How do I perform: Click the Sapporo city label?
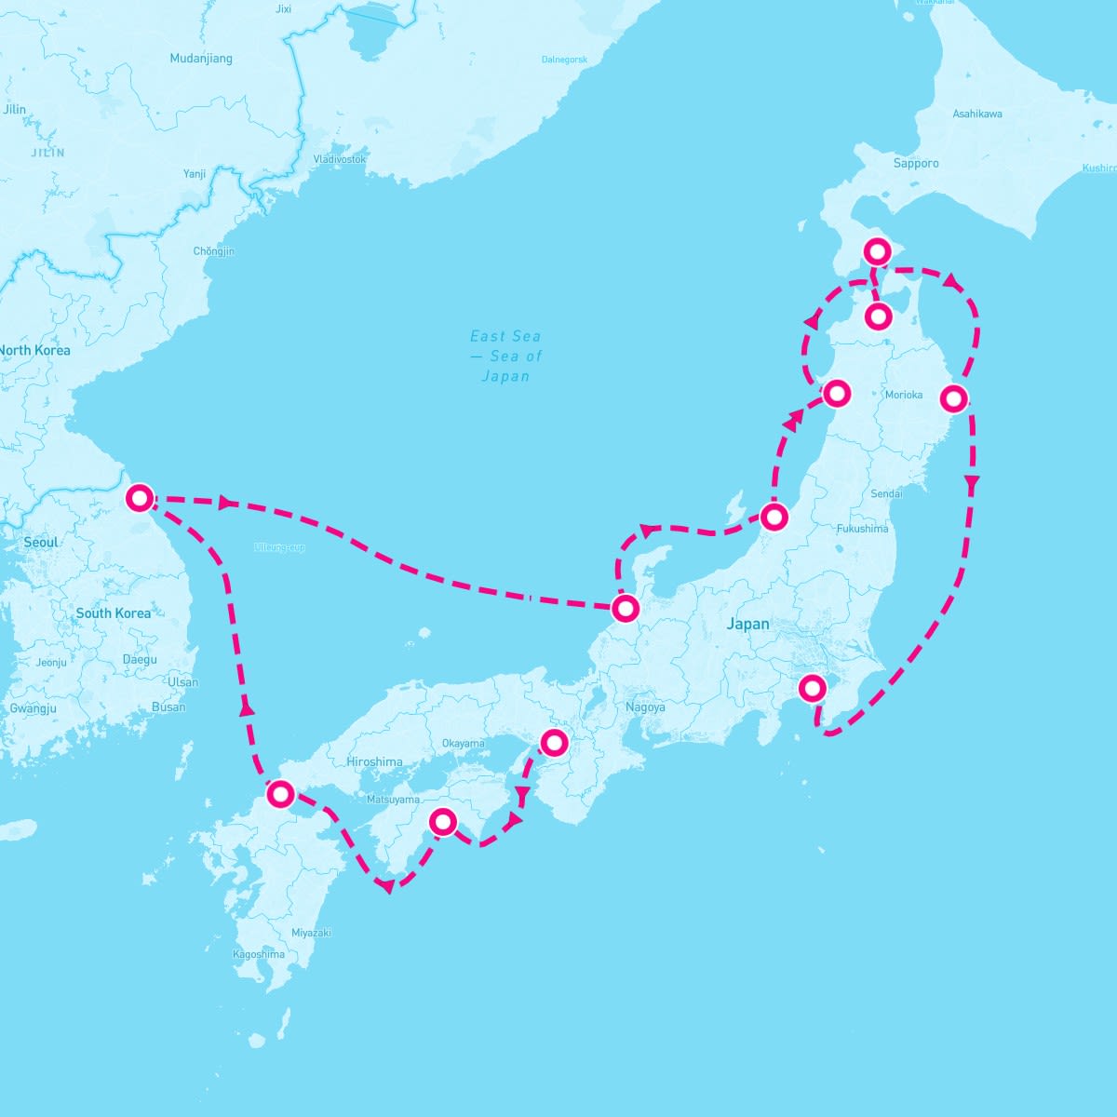pyautogui.click(x=916, y=163)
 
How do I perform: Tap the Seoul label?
pyautogui.click(x=41, y=542)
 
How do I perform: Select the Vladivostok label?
pyautogui.click(x=340, y=159)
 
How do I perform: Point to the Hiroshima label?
pyautogui.click(x=374, y=761)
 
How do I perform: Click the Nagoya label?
pyautogui.click(x=645, y=707)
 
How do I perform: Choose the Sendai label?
pyautogui.click(x=886, y=493)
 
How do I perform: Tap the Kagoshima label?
pyautogui.click(x=259, y=954)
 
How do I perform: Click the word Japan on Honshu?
pyautogui.click(x=748, y=624)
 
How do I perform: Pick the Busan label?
pyautogui.click(x=168, y=707)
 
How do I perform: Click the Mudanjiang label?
pyautogui.click(x=201, y=59)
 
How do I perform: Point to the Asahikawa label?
pyautogui.click(x=977, y=114)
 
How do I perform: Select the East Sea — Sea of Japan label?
pyautogui.click(x=505, y=356)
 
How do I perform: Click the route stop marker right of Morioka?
pyautogui.click(x=952, y=398)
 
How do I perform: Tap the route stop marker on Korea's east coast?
pyautogui.click(x=140, y=498)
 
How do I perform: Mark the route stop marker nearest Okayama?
pyautogui.click(x=554, y=742)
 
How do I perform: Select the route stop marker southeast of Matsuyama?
pyautogui.click(x=443, y=821)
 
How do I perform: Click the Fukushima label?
pyautogui.click(x=863, y=529)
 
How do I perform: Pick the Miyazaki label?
pyautogui.click(x=311, y=933)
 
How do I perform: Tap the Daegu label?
pyautogui.click(x=140, y=660)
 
